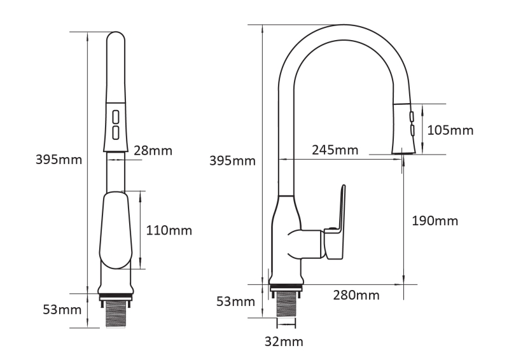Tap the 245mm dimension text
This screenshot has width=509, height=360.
pos(335,150)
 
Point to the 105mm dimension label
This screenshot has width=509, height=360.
pos(450,130)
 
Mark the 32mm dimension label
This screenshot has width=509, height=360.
pos(283,342)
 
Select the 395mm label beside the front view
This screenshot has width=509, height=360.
pos(59,159)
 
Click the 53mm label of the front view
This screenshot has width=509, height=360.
pos(59,310)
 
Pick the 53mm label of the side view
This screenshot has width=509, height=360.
pos(232,300)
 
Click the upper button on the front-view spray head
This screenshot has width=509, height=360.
pos(116,117)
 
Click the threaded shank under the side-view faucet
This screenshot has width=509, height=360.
pos(284,304)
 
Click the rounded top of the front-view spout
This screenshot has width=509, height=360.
pos(116,38)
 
